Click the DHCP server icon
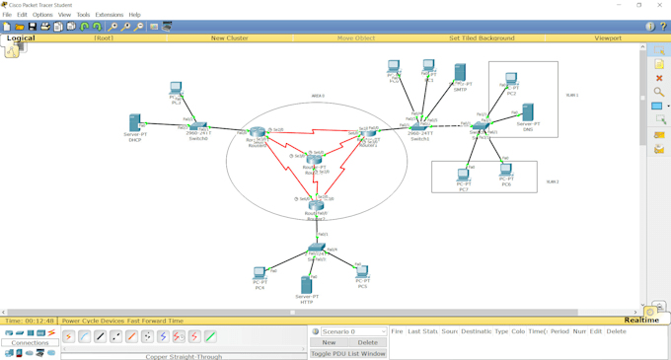tap(135, 123)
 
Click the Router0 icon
tap(258, 132)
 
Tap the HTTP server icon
tap(306, 284)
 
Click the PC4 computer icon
tap(260, 273)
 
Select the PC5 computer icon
tap(362, 272)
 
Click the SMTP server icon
tap(460, 73)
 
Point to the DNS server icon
tap(528, 112)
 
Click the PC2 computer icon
tap(511, 80)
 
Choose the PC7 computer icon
tap(463, 176)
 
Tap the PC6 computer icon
tap(506, 170)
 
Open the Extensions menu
tap(110, 15)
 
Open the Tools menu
tap(83, 15)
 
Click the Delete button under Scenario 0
tap(367, 342)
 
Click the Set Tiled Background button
tap(482, 37)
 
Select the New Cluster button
tap(229, 37)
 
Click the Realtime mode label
tap(641, 321)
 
